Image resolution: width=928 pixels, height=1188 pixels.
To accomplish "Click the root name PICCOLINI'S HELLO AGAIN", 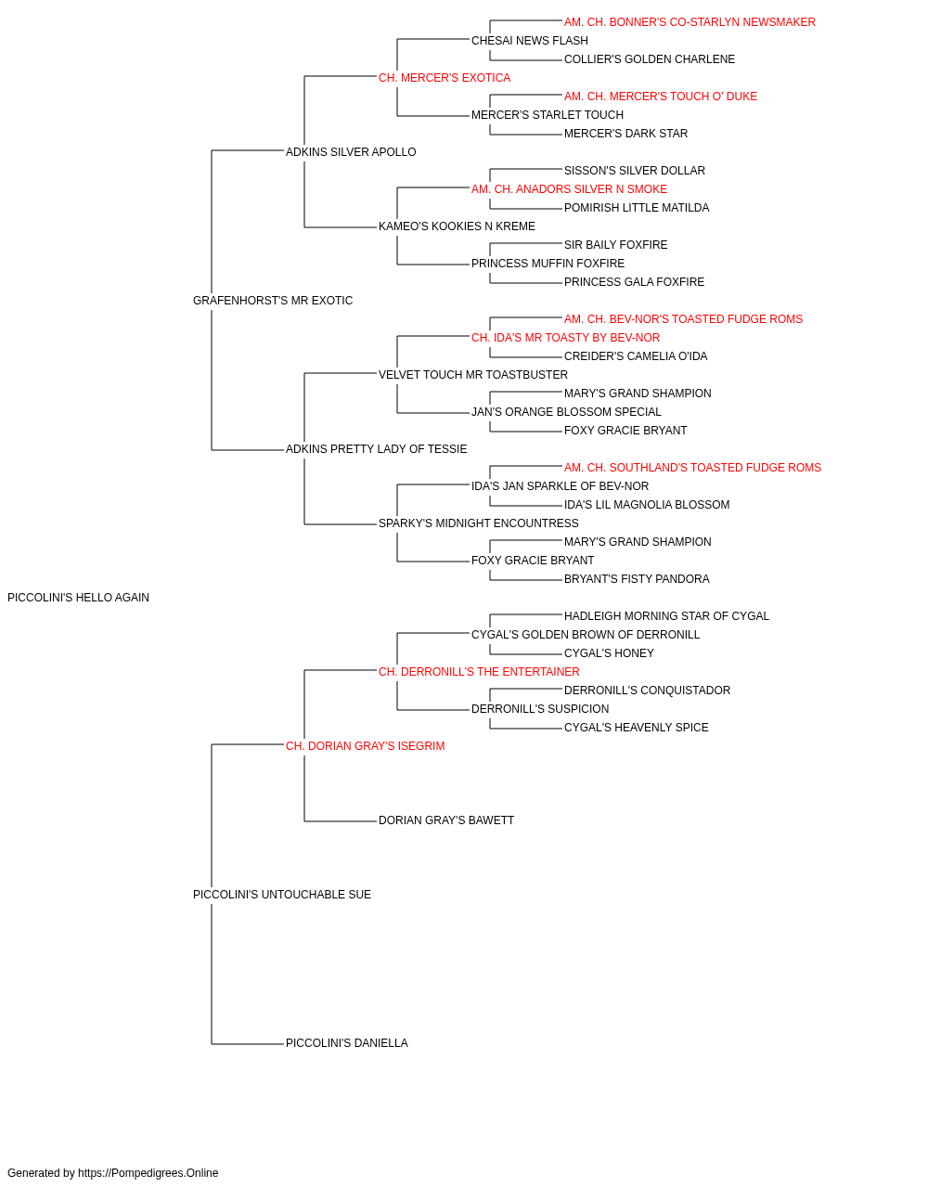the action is tap(78, 598).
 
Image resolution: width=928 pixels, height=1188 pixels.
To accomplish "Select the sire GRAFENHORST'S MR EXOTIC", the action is tap(273, 301).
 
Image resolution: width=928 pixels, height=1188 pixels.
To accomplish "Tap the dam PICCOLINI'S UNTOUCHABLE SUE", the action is tap(282, 895).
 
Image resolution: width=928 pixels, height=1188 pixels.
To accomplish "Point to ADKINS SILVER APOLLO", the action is tap(351, 152).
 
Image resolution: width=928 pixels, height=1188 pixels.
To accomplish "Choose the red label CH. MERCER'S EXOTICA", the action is tap(445, 78).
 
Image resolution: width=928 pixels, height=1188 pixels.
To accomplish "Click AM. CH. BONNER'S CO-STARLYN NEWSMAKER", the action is tap(690, 22).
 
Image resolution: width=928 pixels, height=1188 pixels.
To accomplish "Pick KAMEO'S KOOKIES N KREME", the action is tap(457, 226).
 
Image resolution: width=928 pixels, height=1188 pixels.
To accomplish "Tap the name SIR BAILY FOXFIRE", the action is tap(616, 245).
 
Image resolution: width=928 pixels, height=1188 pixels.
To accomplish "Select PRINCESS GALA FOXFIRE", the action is tap(634, 282).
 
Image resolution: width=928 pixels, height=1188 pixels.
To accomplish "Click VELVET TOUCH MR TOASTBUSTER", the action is tap(473, 375).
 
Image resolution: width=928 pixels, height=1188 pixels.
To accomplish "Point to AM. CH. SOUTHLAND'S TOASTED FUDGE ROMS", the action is tap(692, 468).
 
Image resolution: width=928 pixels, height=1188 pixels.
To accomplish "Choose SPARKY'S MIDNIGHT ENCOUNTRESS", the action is tap(479, 523).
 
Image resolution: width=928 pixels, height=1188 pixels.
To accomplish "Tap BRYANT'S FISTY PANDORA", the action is tap(637, 579).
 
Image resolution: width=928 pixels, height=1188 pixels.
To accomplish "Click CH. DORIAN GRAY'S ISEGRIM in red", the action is tap(365, 746).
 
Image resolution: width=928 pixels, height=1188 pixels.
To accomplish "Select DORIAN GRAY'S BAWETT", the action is tap(446, 820).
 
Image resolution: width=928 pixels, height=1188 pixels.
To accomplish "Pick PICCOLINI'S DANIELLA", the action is tap(347, 1043).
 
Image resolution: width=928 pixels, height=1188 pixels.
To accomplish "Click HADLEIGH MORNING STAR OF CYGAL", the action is tap(666, 616).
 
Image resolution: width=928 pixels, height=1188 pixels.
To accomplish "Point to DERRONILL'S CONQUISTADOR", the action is tap(647, 691).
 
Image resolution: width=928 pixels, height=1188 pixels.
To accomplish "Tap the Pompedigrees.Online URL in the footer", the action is tap(148, 1173).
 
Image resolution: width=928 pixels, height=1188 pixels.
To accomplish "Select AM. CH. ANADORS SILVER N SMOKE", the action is tap(569, 189).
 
